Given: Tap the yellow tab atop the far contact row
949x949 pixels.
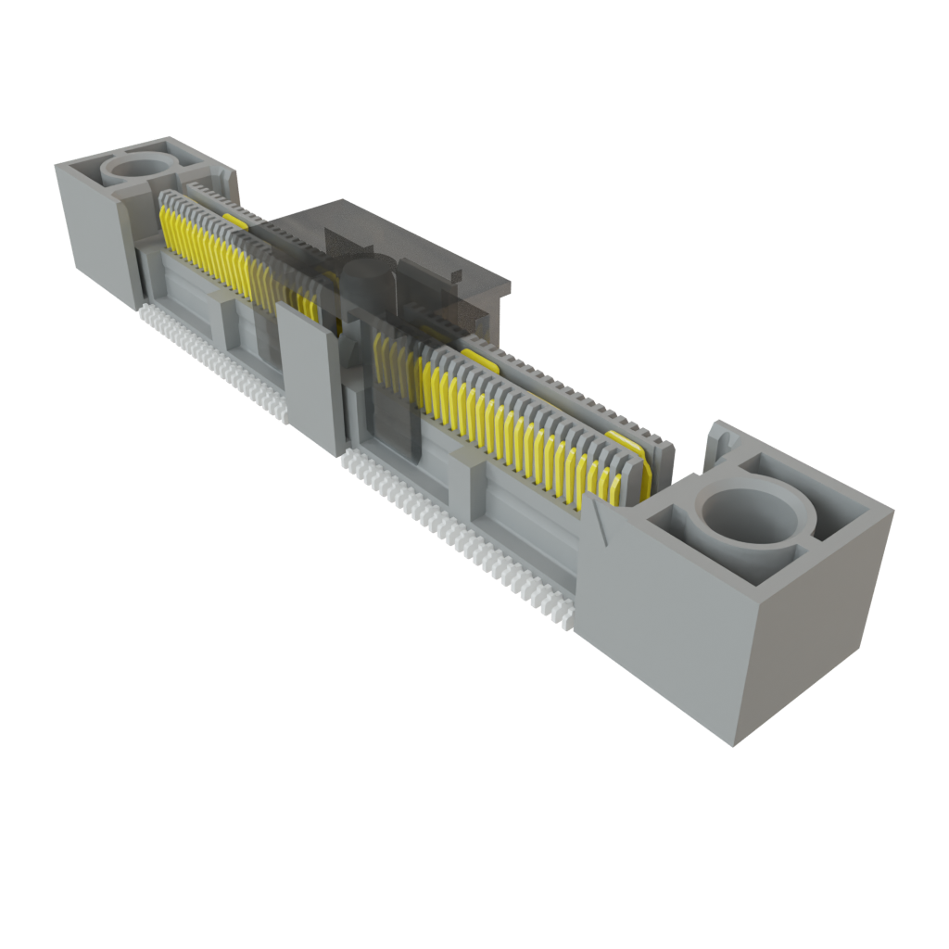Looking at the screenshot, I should pyautogui.click(x=234, y=221).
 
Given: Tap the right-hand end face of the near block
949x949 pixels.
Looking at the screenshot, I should pyautogui.click(x=816, y=639).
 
